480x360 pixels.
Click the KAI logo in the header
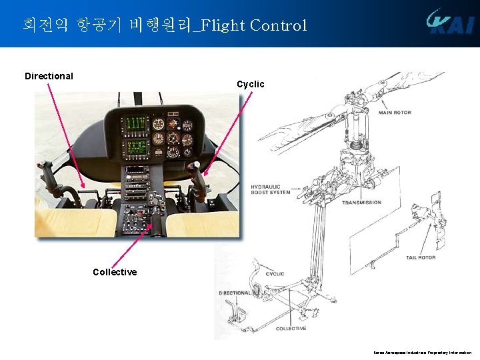coord(451,21)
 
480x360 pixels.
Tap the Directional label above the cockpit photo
coord(49,76)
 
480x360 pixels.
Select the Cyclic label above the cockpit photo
coord(251,84)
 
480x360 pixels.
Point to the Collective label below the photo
coord(115,272)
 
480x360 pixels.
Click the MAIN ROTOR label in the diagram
coord(395,113)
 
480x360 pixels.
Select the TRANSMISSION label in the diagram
coord(361,203)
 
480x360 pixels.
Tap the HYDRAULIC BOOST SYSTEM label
coord(270,189)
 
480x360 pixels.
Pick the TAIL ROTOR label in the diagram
coord(421,257)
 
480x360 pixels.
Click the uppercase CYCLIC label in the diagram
coord(275,274)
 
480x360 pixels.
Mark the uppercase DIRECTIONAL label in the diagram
coord(235,293)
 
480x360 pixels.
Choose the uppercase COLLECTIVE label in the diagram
coord(291,329)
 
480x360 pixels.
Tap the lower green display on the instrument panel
coord(136,147)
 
